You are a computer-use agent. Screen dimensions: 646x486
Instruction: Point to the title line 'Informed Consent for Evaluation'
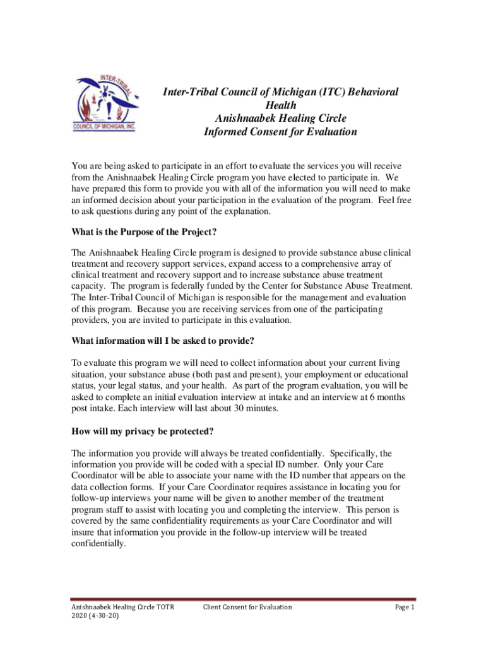click(x=280, y=132)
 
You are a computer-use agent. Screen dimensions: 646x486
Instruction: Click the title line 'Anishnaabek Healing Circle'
click(x=280, y=118)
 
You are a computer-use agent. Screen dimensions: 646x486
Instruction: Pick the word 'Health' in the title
click(x=280, y=105)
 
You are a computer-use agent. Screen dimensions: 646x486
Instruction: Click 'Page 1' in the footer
click(x=404, y=607)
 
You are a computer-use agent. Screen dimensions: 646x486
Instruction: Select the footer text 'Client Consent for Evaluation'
click(x=247, y=607)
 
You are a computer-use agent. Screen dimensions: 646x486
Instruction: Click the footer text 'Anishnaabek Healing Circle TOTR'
click(x=122, y=607)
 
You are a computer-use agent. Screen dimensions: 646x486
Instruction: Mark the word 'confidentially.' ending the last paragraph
click(x=99, y=544)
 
